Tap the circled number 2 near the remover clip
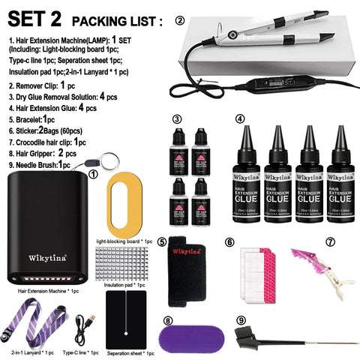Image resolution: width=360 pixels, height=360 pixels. click(179, 20)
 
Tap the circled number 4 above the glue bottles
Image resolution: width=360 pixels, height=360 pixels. click(240, 118)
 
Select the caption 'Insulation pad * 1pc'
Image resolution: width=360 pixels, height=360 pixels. click(126, 286)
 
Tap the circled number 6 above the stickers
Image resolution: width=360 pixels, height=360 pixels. click(230, 241)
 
